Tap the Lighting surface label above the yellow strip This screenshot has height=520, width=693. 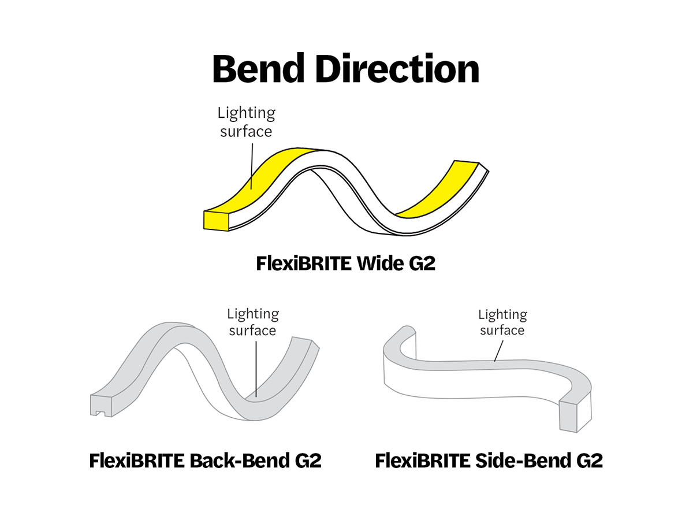[x=246, y=122]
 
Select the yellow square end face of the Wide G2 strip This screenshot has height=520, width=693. [x=216, y=220]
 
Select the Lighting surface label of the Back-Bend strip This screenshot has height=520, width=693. [x=252, y=322]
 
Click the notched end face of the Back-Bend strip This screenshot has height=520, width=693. [x=99, y=406]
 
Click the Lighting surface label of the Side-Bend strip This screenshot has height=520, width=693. [x=502, y=322]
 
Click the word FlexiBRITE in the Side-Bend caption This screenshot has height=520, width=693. [x=421, y=461]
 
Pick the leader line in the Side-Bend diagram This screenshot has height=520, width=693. [x=498, y=350]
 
